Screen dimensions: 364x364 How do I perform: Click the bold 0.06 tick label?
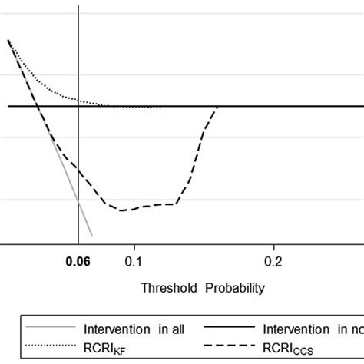(78, 260)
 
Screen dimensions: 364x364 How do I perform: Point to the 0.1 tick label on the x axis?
(134, 260)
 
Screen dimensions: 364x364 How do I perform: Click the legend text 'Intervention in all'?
(135, 329)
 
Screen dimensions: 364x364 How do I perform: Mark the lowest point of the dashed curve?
(121, 210)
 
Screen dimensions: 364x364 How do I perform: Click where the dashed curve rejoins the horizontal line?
(219, 107)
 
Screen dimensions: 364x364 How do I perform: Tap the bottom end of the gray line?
(92, 235)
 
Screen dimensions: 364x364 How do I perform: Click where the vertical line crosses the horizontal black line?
(78, 106)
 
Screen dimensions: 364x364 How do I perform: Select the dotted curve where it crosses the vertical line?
(78, 99)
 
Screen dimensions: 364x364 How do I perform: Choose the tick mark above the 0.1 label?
(134, 245)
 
